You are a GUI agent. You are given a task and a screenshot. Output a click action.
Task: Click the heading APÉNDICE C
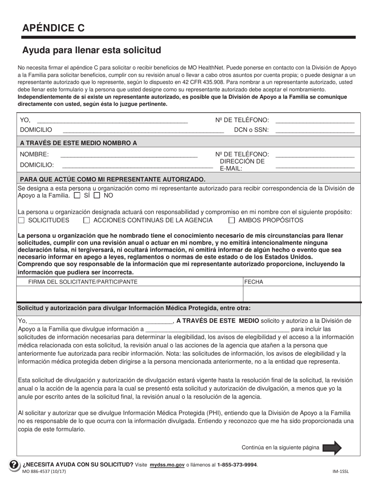coord(53,28)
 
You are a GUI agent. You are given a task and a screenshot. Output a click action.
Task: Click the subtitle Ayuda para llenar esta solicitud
coord(92,50)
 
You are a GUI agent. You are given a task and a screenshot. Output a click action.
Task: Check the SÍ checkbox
coord(77,196)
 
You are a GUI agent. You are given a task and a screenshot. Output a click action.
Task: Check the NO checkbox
coord(96,196)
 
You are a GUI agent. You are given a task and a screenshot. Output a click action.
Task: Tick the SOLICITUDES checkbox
coord(21,220)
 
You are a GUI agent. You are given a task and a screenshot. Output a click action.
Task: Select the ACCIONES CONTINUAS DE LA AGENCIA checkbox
coord(87,220)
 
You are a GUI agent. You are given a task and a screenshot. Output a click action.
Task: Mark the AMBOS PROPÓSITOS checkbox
coord(232,220)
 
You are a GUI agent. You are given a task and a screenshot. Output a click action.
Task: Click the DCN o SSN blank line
coord(314,130)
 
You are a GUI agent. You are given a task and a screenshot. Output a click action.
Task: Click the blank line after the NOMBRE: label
coord(129,155)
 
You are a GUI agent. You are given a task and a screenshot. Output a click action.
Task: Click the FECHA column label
coord(254,282)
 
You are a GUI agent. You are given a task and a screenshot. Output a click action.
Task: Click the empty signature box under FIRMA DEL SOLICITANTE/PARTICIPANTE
coord(129,294)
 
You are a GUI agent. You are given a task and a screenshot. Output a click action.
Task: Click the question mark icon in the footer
coord(13,465)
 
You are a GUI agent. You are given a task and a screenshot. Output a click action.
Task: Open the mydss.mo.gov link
coord(167,464)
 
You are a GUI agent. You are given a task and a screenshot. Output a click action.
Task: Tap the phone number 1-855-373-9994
coord(237,464)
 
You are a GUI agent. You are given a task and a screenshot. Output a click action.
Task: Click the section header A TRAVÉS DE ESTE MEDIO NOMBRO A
coord(78,143)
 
